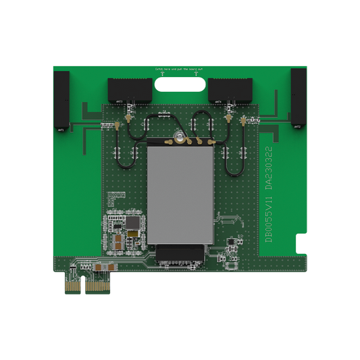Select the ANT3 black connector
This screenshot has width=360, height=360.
(x=130, y=88)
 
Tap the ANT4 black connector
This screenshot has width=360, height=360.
(x=230, y=88)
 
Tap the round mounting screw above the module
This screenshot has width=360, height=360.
(x=180, y=138)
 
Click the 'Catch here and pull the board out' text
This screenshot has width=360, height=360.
(x=180, y=70)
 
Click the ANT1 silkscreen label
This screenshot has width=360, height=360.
(x=61, y=128)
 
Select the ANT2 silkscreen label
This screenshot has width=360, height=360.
(x=297, y=126)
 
